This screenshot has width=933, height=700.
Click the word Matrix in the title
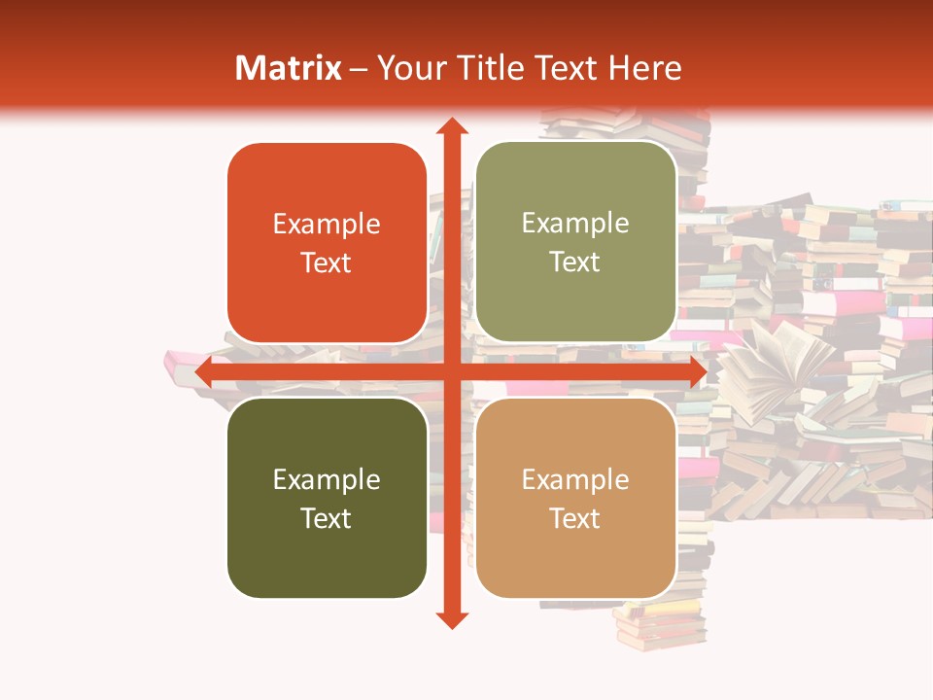tap(288, 68)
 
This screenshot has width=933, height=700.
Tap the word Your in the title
tap(408, 68)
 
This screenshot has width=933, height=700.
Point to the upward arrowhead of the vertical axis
tap(452, 126)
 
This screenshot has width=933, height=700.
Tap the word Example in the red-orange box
tap(327, 225)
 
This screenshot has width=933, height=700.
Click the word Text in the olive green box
tap(575, 262)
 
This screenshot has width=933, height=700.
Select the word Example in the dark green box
tap(327, 480)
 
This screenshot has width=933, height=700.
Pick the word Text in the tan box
tap(575, 518)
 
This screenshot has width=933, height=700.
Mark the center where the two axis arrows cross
tap(452, 372)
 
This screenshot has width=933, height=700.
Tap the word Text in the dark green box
tap(327, 518)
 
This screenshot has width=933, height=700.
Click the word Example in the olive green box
tap(575, 224)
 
